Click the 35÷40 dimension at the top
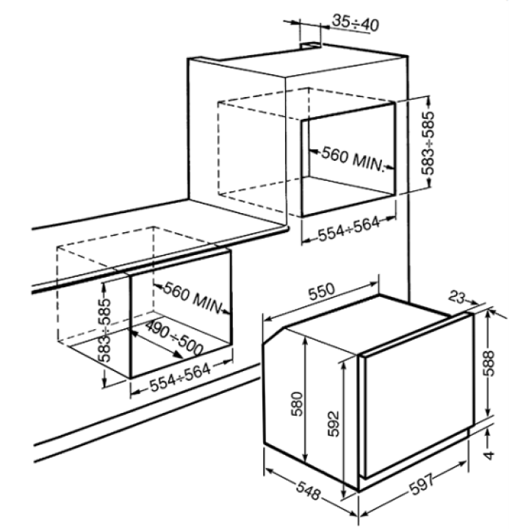356,23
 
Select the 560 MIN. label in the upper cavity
353,159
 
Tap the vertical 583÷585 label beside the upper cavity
428,143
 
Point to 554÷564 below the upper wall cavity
349,229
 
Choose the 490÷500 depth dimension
174,338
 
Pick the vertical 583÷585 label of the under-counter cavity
106,331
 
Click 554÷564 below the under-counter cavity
180,377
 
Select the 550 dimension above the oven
322,292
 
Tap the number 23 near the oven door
457,298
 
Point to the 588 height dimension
488,364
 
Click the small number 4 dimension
489,455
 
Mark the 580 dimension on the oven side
297,404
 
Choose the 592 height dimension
334,424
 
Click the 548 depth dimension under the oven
309,491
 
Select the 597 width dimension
422,484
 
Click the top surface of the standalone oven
368,324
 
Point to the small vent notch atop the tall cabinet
311,46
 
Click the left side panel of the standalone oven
311,409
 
